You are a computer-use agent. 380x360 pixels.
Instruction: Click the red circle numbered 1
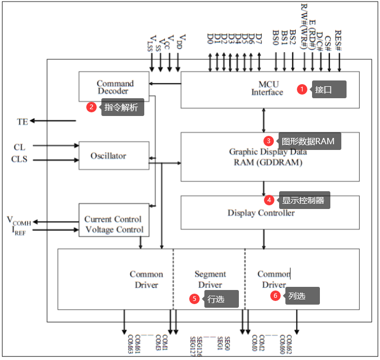point(302,89)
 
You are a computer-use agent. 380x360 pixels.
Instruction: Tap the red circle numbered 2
point(91,107)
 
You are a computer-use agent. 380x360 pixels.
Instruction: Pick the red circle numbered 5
point(194,299)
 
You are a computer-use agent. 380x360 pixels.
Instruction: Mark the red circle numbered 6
point(275,296)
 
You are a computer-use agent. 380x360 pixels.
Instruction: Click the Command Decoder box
point(114,87)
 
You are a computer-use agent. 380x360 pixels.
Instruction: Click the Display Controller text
point(261,213)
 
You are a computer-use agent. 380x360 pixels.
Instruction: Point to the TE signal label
point(22,122)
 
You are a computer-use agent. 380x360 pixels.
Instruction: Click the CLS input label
point(19,159)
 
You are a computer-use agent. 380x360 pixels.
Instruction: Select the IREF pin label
point(17,230)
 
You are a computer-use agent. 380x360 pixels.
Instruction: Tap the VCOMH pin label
point(19,220)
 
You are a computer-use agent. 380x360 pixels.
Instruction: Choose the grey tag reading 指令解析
point(122,108)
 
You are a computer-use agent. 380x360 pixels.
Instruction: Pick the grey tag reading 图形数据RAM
point(308,141)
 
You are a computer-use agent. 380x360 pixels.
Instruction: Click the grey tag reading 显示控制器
point(304,200)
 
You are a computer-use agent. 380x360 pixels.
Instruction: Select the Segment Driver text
point(210,280)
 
